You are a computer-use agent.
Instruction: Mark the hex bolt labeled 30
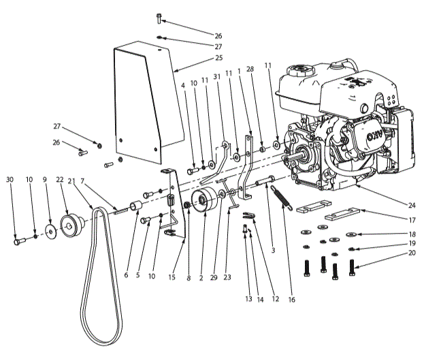coord(17,240)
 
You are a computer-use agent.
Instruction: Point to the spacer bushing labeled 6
coord(135,206)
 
